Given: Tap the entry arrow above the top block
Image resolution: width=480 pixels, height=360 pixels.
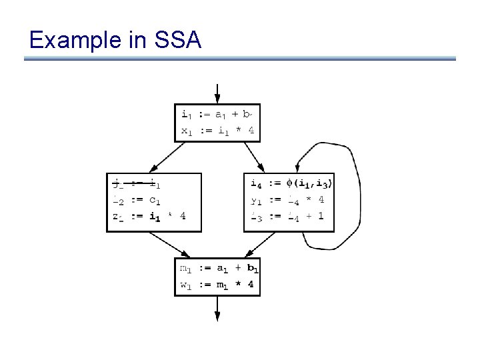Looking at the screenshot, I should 217,93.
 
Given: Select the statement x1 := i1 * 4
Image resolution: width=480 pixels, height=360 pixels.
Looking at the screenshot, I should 217,131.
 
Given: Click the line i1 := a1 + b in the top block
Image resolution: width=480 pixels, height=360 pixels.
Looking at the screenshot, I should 217,114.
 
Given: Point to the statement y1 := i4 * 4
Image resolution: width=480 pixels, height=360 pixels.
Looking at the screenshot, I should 287,199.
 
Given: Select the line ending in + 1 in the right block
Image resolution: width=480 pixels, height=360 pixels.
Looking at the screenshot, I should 287,215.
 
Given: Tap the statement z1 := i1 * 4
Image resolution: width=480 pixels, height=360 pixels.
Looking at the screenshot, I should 149,215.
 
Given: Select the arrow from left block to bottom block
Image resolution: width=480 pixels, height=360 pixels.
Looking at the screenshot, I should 173,245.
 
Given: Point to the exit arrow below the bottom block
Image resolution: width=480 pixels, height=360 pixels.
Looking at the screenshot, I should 217,309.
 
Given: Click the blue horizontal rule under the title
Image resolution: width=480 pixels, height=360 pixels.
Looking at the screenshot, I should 240,59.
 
